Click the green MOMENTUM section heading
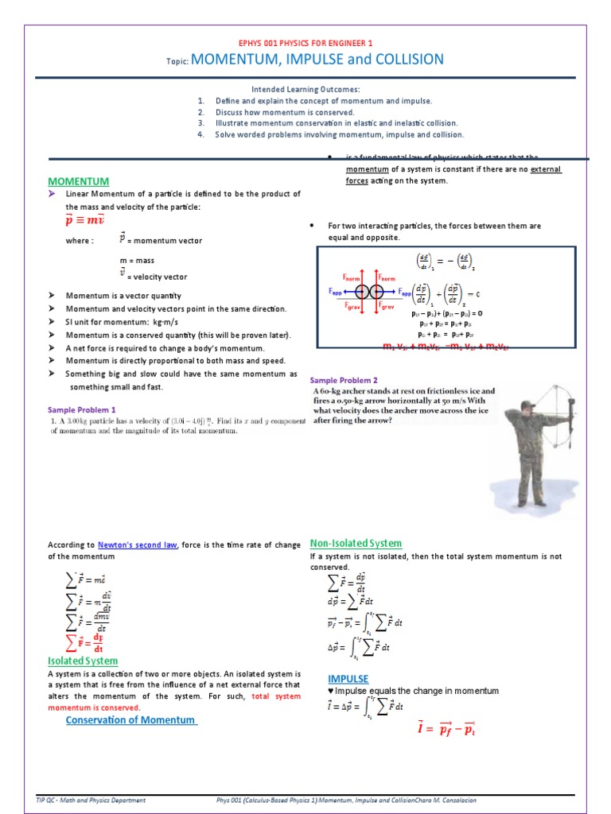[79, 181]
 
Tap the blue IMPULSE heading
[348, 679]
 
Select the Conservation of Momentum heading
[130, 719]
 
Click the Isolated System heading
[83, 661]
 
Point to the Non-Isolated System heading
[356, 543]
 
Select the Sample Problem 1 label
[81, 409]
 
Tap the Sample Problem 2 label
[344, 380]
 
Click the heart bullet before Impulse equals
[330, 691]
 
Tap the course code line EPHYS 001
[305, 43]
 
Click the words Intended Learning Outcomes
[305, 90]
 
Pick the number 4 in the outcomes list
[201, 134]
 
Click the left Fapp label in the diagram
[336, 292]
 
